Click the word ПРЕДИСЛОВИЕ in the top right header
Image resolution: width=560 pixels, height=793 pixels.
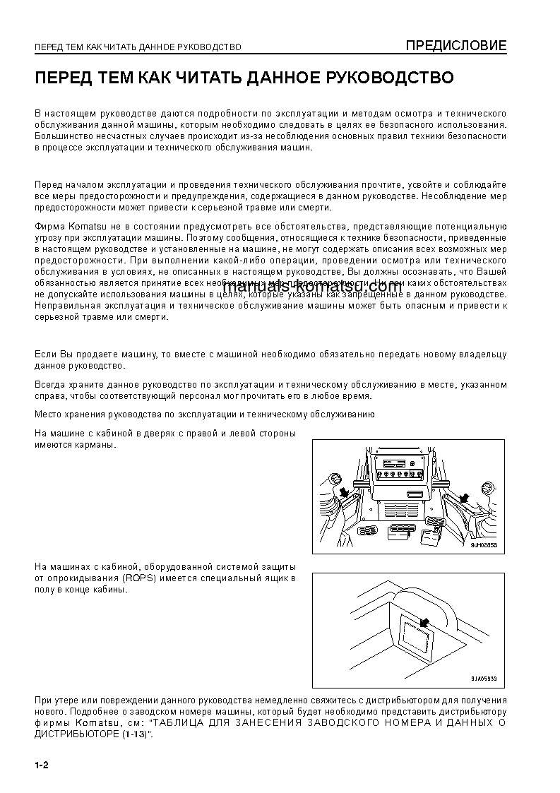[455, 47]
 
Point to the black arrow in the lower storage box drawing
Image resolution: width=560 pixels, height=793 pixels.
[424, 622]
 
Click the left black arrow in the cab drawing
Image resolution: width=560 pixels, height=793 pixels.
[343, 491]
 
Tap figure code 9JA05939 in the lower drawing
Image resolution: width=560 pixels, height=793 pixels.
[484, 678]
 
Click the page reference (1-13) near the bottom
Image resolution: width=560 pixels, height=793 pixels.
[133, 734]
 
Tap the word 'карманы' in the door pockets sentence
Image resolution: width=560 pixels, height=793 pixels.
[92, 446]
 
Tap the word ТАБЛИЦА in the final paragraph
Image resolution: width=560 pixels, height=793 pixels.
[181, 724]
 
